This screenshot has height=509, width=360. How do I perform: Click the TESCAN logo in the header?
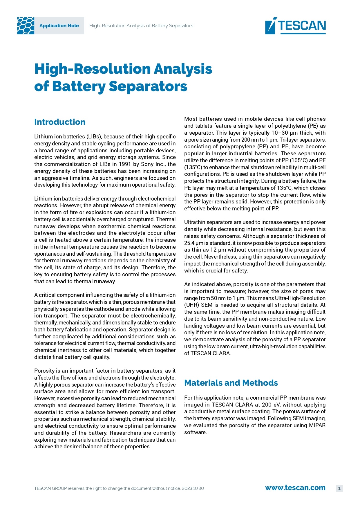[295, 26]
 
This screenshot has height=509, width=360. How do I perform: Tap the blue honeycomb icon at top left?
[26, 26]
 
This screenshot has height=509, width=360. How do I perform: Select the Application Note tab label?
[59, 26]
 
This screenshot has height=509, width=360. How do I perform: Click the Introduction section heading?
[60, 122]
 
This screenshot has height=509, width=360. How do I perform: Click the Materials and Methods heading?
[231, 383]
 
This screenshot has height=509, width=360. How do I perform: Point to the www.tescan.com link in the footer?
[295, 488]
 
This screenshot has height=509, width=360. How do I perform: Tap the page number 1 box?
[339, 488]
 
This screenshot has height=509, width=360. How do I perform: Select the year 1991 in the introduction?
[125, 164]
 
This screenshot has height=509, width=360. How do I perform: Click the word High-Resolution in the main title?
[92, 69]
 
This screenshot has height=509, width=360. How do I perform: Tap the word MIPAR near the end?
[317, 425]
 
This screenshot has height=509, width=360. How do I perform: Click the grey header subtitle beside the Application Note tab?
[141, 26]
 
